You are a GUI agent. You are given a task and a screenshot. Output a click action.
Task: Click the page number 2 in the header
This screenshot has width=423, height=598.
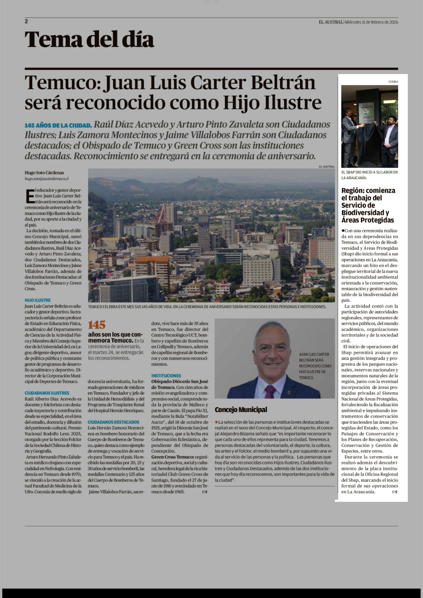(26, 21)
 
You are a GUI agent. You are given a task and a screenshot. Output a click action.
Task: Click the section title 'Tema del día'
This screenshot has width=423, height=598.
(89, 39)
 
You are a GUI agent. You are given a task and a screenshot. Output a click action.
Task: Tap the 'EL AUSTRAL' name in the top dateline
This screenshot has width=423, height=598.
(331, 22)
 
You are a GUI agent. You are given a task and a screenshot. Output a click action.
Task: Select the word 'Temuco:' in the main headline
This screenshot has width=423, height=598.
(63, 83)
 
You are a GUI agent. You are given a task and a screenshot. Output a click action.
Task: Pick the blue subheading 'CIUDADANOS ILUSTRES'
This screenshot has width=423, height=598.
(47, 393)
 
